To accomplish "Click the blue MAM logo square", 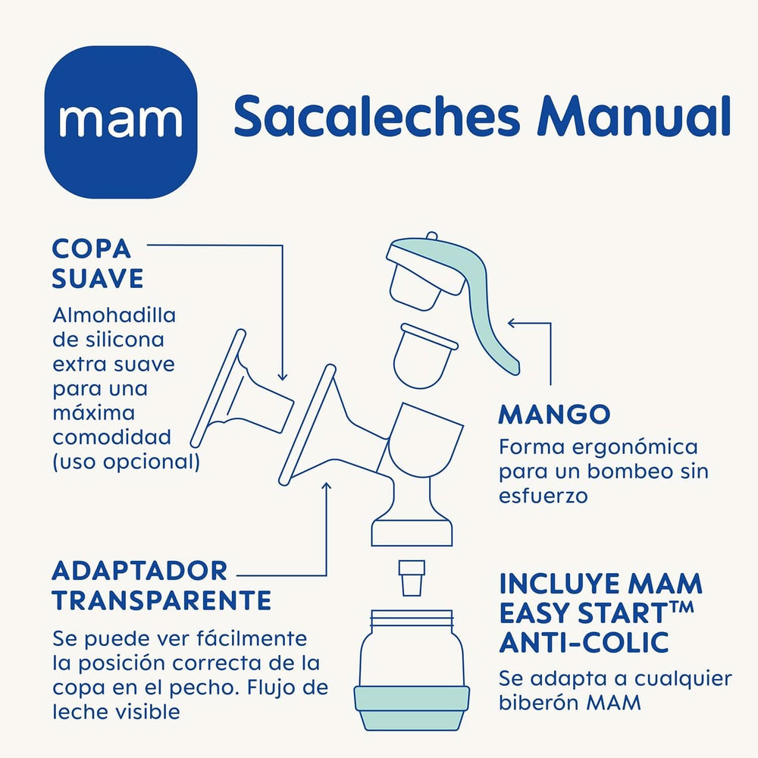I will pyautogui.click(x=121, y=121).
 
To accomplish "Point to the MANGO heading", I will pyautogui.click(x=554, y=415).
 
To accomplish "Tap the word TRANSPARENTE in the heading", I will pyautogui.click(x=161, y=600).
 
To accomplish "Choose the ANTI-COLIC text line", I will pyautogui.click(x=584, y=642).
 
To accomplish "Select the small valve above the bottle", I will pyautogui.click(x=412, y=578).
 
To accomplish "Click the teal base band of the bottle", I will pyautogui.click(x=412, y=707).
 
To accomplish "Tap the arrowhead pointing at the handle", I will pyautogui.click(x=511, y=323).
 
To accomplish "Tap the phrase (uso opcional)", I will pyautogui.click(x=126, y=462).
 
